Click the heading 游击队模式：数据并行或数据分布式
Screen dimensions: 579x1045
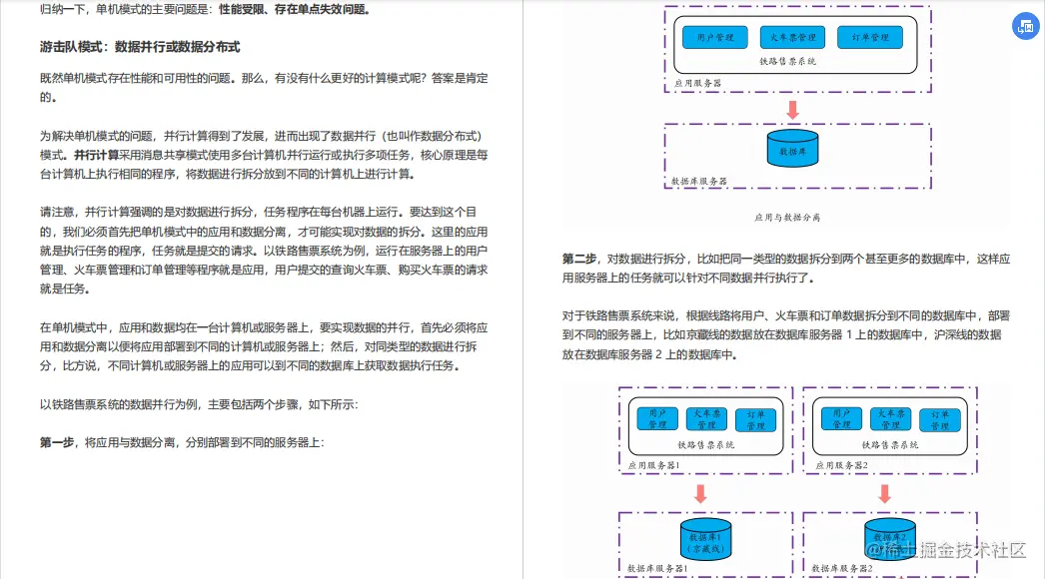[140, 47]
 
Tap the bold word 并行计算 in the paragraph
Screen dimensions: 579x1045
[96, 155]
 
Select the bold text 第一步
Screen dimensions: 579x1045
[58, 441]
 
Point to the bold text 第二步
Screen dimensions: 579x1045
[580, 259]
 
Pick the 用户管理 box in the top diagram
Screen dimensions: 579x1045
[715, 38]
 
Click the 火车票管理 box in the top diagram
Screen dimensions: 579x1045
[793, 38]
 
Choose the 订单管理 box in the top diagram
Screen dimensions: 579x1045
[870, 38]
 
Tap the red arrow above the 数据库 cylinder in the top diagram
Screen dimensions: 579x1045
[792, 110]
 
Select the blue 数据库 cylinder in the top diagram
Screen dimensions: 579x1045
[791, 150]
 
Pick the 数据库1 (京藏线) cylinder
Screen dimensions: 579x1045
[704, 540]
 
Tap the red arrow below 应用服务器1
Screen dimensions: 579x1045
[700, 493]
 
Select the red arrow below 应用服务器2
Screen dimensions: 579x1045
[884, 493]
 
